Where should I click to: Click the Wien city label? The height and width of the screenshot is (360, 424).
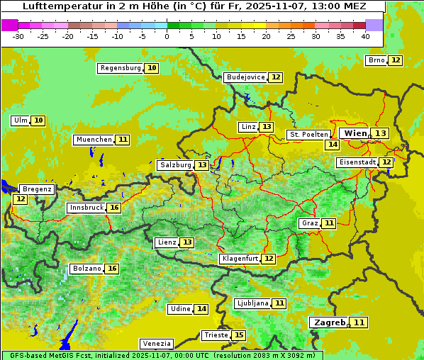tap(356, 133)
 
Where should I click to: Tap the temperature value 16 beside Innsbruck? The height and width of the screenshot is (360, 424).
tap(114, 208)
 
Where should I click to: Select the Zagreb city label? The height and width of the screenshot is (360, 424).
tap(328, 322)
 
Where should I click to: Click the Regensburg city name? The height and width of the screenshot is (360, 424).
tap(121, 68)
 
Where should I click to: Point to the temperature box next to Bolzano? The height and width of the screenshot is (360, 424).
tap(112, 269)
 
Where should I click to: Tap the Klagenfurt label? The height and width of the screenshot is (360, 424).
tap(240, 259)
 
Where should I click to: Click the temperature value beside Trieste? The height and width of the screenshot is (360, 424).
tap(239, 335)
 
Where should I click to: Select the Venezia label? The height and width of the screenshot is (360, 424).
tap(156, 344)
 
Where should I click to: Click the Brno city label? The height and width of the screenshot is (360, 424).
tap(376, 60)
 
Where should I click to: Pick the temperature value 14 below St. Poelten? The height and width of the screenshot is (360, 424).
tap(332, 145)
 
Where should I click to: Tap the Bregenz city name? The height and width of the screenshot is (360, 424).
tap(37, 189)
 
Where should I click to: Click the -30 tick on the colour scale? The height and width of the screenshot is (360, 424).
tap(18, 35)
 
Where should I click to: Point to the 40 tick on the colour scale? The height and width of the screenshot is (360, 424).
tap(365, 35)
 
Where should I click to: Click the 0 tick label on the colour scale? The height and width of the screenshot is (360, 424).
tap(167, 35)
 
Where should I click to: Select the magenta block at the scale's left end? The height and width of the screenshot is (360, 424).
tap(10, 24)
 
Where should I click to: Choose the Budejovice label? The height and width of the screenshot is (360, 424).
tap(245, 77)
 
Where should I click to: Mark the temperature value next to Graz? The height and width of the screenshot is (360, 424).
tap(329, 223)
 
